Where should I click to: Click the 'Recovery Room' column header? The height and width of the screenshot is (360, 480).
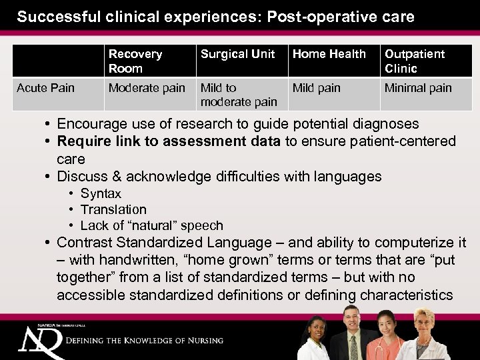(135, 61)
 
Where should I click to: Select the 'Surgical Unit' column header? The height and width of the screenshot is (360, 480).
(237, 54)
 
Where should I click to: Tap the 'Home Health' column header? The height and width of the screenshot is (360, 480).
(329, 54)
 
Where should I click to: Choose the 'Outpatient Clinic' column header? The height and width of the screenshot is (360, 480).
(414, 61)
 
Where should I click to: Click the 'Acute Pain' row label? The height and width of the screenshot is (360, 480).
(45, 88)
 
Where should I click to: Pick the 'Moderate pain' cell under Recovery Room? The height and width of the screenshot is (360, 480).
(147, 88)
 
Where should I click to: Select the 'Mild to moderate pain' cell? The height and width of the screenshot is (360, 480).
(239, 95)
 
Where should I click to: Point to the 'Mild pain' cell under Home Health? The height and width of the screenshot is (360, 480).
(317, 88)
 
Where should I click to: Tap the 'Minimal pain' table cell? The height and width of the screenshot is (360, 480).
(418, 88)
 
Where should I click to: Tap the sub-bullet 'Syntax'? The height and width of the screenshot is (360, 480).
(101, 193)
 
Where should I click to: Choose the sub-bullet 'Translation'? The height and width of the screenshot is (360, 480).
(113, 209)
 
